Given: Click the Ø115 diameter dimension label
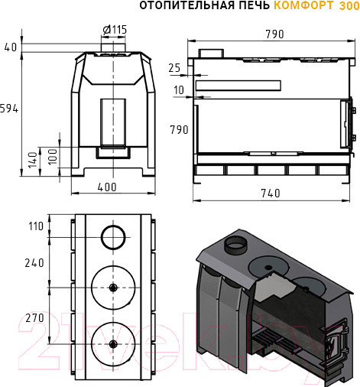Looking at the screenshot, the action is pyautogui.click(x=115, y=30).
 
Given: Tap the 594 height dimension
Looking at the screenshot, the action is pyautogui.click(x=9, y=109).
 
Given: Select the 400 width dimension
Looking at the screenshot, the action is pyautogui.click(x=107, y=187).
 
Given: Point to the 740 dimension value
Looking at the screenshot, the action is pyautogui.click(x=271, y=193).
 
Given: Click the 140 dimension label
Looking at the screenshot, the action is pyautogui.click(x=33, y=160).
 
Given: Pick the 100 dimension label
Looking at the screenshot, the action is pyautogui.click(x=53, y=157).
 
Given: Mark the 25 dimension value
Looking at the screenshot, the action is pyautogui.click(x=174, y=68).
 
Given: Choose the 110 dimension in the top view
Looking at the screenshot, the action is pyautogui.click(x=36, y=226).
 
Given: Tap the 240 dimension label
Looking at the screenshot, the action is pyautogui.click(x=34, y=263).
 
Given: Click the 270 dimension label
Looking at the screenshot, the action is pyautogui.click(x=34, y=318).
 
